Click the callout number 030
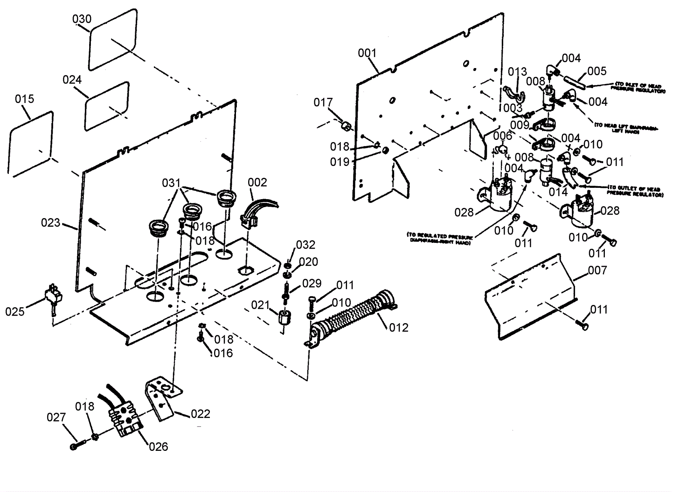[82, 19]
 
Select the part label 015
[24, 99]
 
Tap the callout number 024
[72, 79]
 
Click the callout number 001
[367, 53]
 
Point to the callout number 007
[598, 270]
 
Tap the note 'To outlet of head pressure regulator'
[635, 192]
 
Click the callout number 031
[171, 183]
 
